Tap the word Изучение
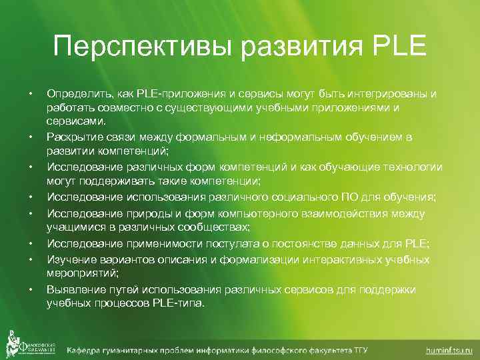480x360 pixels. click(x=69, y=259)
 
